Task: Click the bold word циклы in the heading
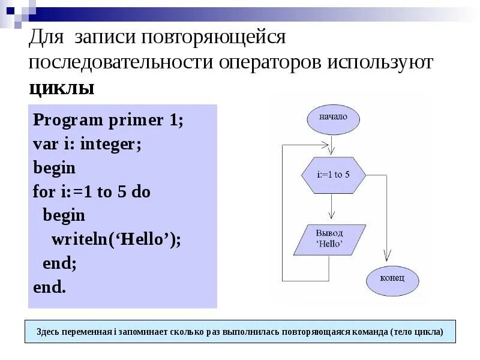62,89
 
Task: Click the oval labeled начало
333,118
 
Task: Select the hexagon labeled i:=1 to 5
333,175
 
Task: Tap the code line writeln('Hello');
116,239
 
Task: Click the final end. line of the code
49,287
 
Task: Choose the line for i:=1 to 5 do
92,192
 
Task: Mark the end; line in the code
60,263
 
